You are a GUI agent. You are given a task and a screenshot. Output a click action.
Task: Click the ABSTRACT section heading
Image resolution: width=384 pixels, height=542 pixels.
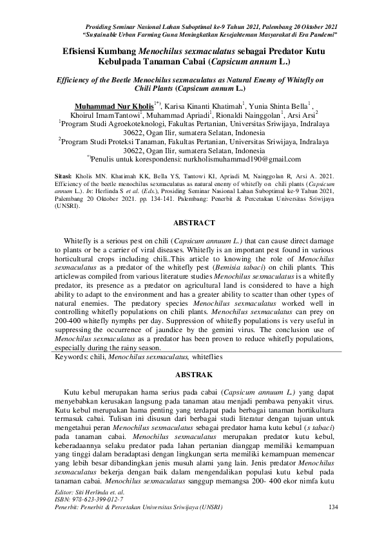[191, 223]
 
